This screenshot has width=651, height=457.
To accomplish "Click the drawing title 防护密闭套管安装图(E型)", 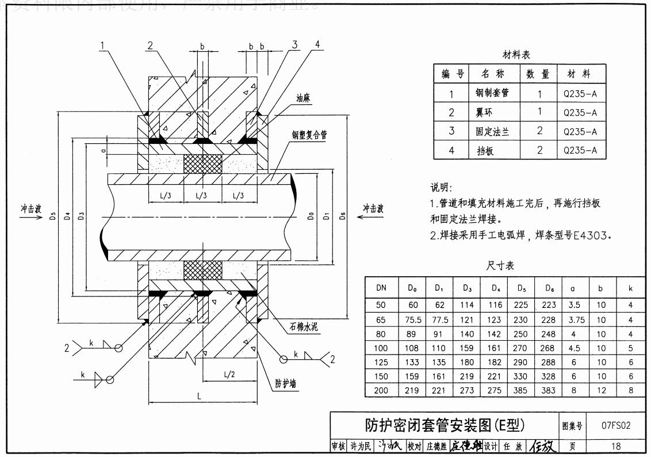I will (x=445, y=425).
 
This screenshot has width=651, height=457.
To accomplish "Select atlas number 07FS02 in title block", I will (x=616, y=426).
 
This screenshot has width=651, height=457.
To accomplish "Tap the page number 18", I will (x=616, y=446).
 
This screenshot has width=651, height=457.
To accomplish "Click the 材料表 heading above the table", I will (x=516, y=55).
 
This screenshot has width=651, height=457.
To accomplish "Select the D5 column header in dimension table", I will (x=521, y=287).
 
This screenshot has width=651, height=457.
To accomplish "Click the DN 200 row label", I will (x=381, y=390).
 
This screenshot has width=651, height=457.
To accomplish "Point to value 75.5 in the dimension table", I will (x=413, y=319).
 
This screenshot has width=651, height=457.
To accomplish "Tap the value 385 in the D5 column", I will (x=521, y=390).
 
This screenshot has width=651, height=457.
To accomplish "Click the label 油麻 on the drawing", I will (x=304, y=98).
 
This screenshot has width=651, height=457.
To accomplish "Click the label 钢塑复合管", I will (x=309, y=135).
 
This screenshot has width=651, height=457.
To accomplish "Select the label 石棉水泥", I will (x=304, y=327).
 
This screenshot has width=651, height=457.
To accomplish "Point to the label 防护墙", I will (x=285, y=383).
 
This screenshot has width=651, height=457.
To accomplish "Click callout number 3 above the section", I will (x=294, y=45).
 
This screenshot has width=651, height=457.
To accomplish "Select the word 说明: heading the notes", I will (x=442, y=188).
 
